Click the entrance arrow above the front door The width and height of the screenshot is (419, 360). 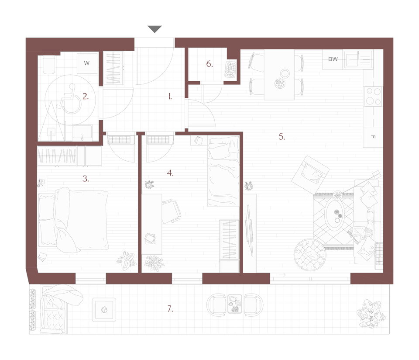click(155, 29)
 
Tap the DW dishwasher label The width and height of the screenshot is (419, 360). click(333, 59)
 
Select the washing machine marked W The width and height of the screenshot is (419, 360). click(87, 63)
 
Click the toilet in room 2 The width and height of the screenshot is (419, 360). click(49, 65)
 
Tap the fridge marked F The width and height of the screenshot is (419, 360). click(373, 137)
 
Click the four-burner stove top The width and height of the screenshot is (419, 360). click(373, 96)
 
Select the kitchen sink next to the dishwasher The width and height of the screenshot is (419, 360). click(358, 59)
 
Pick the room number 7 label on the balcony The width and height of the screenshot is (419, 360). click(170, 309)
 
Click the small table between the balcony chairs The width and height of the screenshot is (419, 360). click(235, 304)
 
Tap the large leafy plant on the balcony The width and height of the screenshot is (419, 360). click(371, 313)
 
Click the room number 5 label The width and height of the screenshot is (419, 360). click(282, 137)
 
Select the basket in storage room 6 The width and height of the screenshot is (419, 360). click(230, 69)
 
